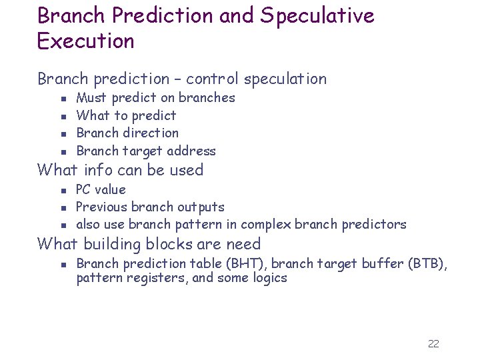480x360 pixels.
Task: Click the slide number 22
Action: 433,343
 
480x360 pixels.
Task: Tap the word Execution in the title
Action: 86,41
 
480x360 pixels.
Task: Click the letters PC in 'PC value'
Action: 84,189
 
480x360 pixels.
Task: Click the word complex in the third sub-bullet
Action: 265,225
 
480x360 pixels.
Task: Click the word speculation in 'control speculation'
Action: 285,79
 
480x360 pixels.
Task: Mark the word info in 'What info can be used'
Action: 99,170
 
